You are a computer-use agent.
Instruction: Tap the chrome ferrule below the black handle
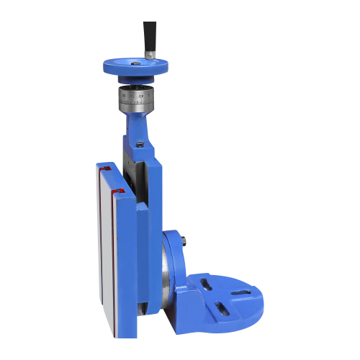point(150,54)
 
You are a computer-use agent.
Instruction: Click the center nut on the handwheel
point(135,63)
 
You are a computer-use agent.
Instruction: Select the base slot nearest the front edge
point(224,309)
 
